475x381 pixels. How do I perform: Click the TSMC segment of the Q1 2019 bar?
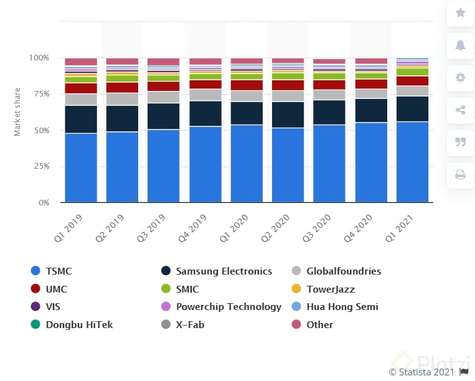coord(81,167)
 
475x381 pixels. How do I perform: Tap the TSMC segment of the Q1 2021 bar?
coord(412,162)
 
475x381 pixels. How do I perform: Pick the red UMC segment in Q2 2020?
coord(288,85)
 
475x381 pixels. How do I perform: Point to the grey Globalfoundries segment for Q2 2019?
coord(122,98)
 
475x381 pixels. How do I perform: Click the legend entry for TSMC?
coord(58,271)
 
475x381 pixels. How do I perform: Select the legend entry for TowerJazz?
coord(330,289)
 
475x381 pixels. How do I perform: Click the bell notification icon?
coord(461,45)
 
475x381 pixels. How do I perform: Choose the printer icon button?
coord(461,174)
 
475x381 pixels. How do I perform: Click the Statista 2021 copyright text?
coord(421,372)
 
